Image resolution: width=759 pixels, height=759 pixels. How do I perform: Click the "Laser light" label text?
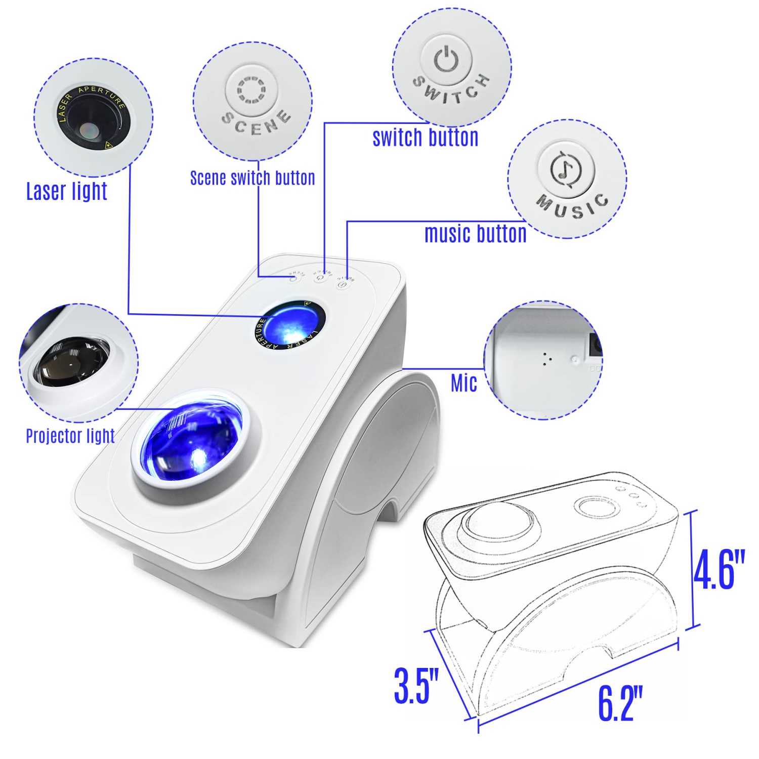pyautogui.click(x=66, y=191)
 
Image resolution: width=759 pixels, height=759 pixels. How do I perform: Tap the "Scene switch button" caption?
pyautogui.click(x=252, y=178)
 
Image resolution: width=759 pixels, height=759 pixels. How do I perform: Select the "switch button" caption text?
pyautogui.click(x=425, y=138)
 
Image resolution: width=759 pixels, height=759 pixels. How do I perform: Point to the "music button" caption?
pyautogui.click(x=475, y=234)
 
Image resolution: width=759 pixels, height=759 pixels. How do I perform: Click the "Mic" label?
pyautogui.click(x=463, y=383)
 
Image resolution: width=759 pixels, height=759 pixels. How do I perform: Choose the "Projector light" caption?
pyautogui.click(x=70, y=436)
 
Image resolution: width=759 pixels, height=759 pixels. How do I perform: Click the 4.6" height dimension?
pyautogui.click(x=719, y=570)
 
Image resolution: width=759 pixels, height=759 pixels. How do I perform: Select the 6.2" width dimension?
pyautogui.click(x=620, y=703)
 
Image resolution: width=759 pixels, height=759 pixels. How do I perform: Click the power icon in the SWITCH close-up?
pyautogui.click(x=446, y=59)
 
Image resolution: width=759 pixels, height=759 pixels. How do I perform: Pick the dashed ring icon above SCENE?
pyautogui.click(x=251, y=90)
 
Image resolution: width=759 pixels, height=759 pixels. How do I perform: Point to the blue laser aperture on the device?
pyautogui.click(x=290, y=325)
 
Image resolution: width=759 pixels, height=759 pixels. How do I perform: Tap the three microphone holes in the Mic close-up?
pyautogui.click(x=545, y=359)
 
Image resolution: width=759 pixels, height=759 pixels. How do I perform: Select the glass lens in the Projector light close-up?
pyautogui.click(x=71, y=361)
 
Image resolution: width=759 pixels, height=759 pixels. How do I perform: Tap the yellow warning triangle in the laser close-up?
pyautogui.click(x=108, y=146)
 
